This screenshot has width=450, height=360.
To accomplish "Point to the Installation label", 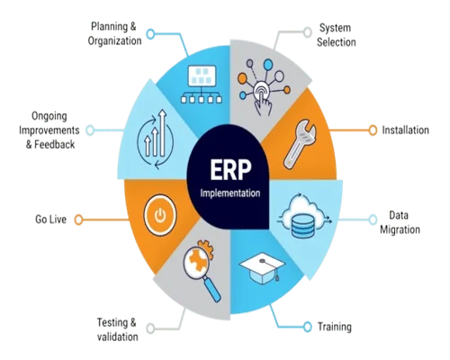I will point(405,130).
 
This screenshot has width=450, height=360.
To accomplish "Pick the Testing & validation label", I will point(117,328).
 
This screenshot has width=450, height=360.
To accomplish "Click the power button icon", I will point(159,216).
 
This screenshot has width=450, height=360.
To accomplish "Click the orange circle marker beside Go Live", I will point(78,219).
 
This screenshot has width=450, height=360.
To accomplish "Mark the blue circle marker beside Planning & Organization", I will point(149,34).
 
